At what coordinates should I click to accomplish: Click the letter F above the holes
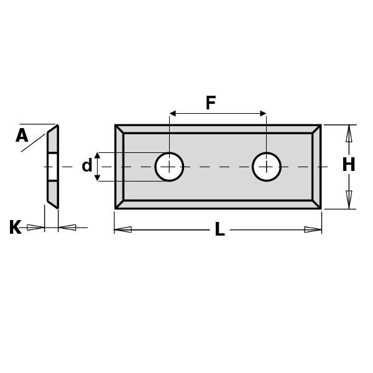coord(211,103)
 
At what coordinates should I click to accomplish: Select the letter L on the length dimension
coord(219,229)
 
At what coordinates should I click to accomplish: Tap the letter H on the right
coord(349,165)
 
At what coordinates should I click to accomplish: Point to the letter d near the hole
coord(87,166)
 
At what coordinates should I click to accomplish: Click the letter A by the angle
coord(22,136)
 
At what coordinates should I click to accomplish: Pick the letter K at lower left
coord(15,228)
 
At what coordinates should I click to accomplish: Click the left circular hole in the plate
coord(169,167)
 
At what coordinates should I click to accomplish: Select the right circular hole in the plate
coord(267,167)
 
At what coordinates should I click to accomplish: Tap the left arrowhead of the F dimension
coord(173,114)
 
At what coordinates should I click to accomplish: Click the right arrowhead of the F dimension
coord(262,114)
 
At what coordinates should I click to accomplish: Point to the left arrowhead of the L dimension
coord(123,229)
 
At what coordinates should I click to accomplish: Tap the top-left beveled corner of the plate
coord(119,129)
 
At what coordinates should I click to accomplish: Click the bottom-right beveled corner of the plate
coord(316,204)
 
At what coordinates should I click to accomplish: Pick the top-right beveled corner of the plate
coord(316,129)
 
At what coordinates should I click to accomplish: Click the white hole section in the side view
coord(53,167)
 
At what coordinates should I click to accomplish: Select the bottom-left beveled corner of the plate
coord(119,204)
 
